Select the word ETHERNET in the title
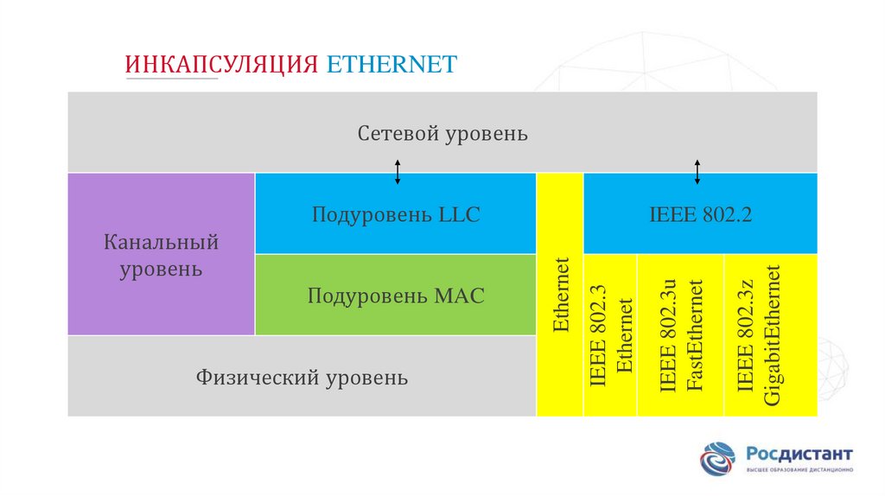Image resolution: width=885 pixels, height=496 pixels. point(392,65)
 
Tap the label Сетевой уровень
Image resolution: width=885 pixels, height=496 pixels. point(442,134)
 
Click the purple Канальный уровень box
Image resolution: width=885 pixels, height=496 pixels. point(161,254)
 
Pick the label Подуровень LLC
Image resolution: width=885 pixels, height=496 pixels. point(396,214)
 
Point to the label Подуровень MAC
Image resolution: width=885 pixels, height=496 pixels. point(396,296)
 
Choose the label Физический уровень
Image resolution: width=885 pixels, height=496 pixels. point(302,377)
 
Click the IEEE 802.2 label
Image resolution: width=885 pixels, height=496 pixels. point(700,214)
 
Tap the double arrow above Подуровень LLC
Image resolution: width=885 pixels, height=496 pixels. point(398,172)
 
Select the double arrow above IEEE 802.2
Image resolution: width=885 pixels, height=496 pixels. point(697,172)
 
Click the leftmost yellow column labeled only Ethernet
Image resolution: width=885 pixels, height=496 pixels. point(560,295)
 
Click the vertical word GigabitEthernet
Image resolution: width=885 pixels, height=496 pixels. point(772,335)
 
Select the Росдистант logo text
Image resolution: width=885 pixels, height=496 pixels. point(799,453)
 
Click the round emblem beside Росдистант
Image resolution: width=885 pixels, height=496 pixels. point(718,459)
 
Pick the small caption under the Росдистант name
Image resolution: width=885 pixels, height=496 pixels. point(799,470)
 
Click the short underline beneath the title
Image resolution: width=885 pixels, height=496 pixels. point(172,79)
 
